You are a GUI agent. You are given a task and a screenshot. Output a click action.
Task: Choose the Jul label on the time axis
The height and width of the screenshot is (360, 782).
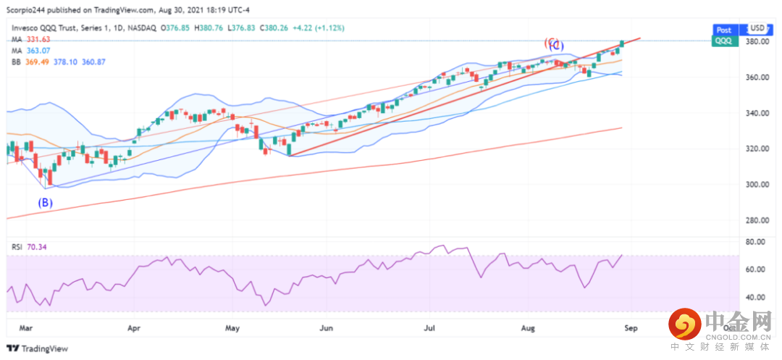click(430, 328)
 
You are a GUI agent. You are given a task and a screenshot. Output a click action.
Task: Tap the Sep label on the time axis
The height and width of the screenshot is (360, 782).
click(630, 328)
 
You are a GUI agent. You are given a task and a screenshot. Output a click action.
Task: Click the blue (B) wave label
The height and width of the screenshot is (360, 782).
click(45, 203)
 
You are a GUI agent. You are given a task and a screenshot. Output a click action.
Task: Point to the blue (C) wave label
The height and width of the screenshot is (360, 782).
click(556, 46)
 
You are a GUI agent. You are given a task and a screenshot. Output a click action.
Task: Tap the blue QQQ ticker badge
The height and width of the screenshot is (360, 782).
click(723, 42)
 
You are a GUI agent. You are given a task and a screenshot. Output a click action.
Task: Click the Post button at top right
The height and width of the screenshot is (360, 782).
click(723, 30)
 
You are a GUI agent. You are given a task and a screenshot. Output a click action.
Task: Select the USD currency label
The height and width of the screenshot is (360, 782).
click(757, 30)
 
